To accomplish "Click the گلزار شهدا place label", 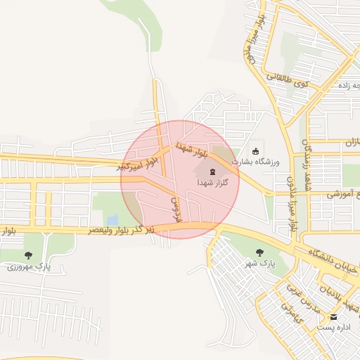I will (211, 183).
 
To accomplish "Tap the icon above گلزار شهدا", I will (211, 172).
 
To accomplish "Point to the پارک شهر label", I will (258, 263).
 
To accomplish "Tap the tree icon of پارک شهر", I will (259, 251).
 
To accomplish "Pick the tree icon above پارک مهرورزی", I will (28, 255).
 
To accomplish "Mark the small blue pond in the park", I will (112, 219).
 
